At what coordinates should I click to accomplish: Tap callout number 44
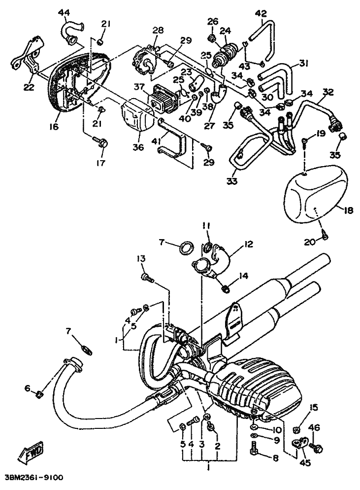pos(65,12)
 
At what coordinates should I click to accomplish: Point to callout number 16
pos(54,127)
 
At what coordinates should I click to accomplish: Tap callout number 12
pos(248,243)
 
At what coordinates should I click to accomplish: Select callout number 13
pos(141,259)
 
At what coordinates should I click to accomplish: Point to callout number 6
pos(27,388)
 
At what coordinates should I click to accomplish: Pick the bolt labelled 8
pos(254,449)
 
